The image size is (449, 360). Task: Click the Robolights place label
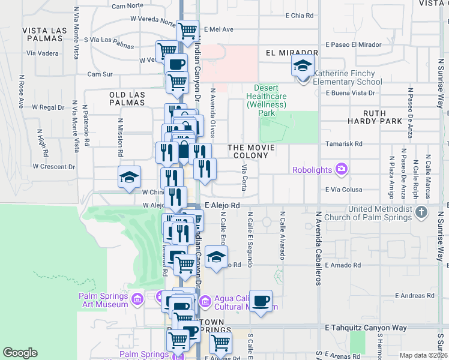[312, 170]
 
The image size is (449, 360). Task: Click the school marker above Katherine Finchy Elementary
[303, 65]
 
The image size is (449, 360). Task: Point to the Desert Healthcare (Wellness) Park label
[266, 100]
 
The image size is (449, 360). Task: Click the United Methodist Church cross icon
[421, 212]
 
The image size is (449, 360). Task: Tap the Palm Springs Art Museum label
[103, 300]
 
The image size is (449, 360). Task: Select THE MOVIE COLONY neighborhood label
[251, 151]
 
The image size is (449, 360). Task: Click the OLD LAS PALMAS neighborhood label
[127, 98]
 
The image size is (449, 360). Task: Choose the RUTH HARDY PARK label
[390, 116]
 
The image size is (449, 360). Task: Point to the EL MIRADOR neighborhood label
[291, 53]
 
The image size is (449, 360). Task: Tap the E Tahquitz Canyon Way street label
[366, 328]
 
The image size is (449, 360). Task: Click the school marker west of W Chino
[129, 177]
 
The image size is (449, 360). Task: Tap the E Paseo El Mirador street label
[354, 44]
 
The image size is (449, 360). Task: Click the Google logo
[20, 353]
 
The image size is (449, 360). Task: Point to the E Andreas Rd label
[414, 296]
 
